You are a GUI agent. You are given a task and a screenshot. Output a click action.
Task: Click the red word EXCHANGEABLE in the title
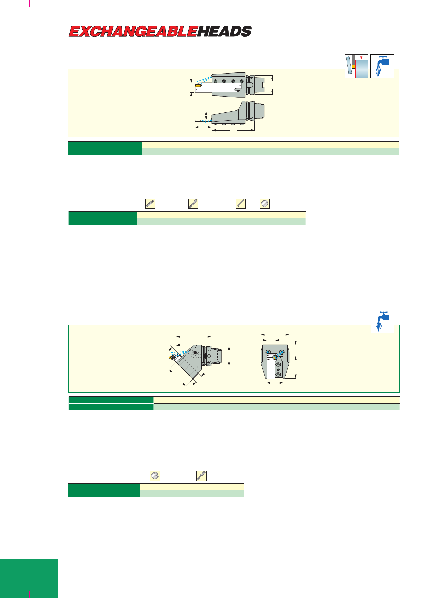pos(133,32)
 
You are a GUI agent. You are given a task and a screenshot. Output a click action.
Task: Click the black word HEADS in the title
pos(224,32)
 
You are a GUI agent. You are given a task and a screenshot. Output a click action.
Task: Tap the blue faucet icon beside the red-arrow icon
pos(382,66)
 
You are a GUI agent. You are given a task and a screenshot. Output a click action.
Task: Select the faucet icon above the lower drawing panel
pos(383,321)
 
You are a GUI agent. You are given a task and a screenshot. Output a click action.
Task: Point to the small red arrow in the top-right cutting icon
pos(361,57)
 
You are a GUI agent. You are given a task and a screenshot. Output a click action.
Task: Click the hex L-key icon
pos(241,204)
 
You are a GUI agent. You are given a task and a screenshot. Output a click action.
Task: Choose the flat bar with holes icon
pos(150,204)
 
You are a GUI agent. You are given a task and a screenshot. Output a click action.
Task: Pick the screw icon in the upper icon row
pos(194,204)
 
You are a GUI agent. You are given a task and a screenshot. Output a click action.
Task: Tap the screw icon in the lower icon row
pos(201,476)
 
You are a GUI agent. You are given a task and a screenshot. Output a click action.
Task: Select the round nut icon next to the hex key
pos(265,204)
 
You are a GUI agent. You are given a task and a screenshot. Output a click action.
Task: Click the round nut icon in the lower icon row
pos(155,476)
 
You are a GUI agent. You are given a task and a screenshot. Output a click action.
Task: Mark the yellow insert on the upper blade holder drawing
pos(198,85)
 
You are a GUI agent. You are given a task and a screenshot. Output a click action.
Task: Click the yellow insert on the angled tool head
pos(172,358)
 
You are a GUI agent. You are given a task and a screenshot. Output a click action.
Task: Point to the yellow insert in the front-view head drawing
pos(275,358)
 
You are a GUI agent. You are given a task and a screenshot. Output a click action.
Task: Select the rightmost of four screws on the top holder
pos(242,81)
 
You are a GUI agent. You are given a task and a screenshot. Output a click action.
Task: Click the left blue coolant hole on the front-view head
pos(268,352)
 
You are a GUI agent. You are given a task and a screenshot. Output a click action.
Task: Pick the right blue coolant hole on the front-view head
pos(282,352)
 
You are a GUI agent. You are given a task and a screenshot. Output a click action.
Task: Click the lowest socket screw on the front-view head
pos(278,374)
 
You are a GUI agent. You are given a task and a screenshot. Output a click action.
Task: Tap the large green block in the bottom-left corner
pos(29,578)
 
